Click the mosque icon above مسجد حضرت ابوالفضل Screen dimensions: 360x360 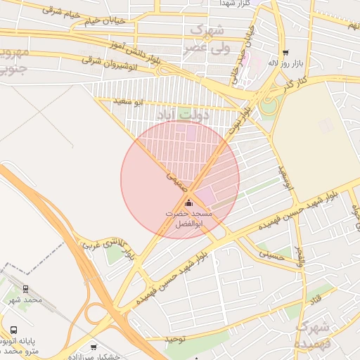point(188,203)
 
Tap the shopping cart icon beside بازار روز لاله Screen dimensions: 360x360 point(285,53)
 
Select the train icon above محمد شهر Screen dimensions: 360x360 point(26,289)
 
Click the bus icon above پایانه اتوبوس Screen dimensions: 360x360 point(13,330)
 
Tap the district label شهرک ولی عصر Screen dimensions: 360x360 point(207,39)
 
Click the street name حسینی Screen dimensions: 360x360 point(272,252)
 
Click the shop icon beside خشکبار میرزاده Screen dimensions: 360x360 point(94,347)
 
